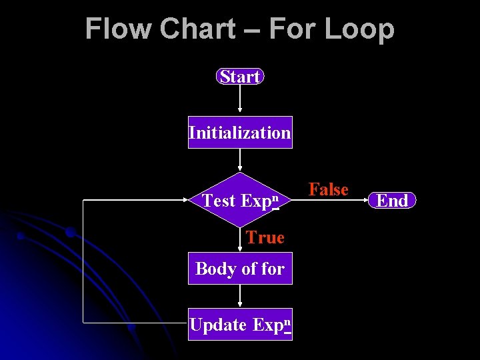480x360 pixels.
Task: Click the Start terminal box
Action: click(x=240, y=77)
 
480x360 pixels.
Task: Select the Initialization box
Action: click(x=240, y=132)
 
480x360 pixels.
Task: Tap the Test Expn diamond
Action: click(x=240, y=200)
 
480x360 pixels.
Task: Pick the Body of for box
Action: click(x=240, y=269)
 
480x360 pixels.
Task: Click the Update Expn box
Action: click(x=240, y=325)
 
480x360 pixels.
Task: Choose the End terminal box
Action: click(x=393, y=200)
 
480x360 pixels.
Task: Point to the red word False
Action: click(x=329, y=189)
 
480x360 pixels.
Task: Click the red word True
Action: click(x=265, y=237)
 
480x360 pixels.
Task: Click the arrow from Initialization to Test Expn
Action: click(x=240, y=160)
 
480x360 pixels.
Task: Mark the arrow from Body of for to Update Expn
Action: click(x=240, y=297)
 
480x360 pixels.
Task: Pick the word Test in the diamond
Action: click(x=219, y=201)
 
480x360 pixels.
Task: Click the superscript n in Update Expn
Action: click(x=287, y=321)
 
